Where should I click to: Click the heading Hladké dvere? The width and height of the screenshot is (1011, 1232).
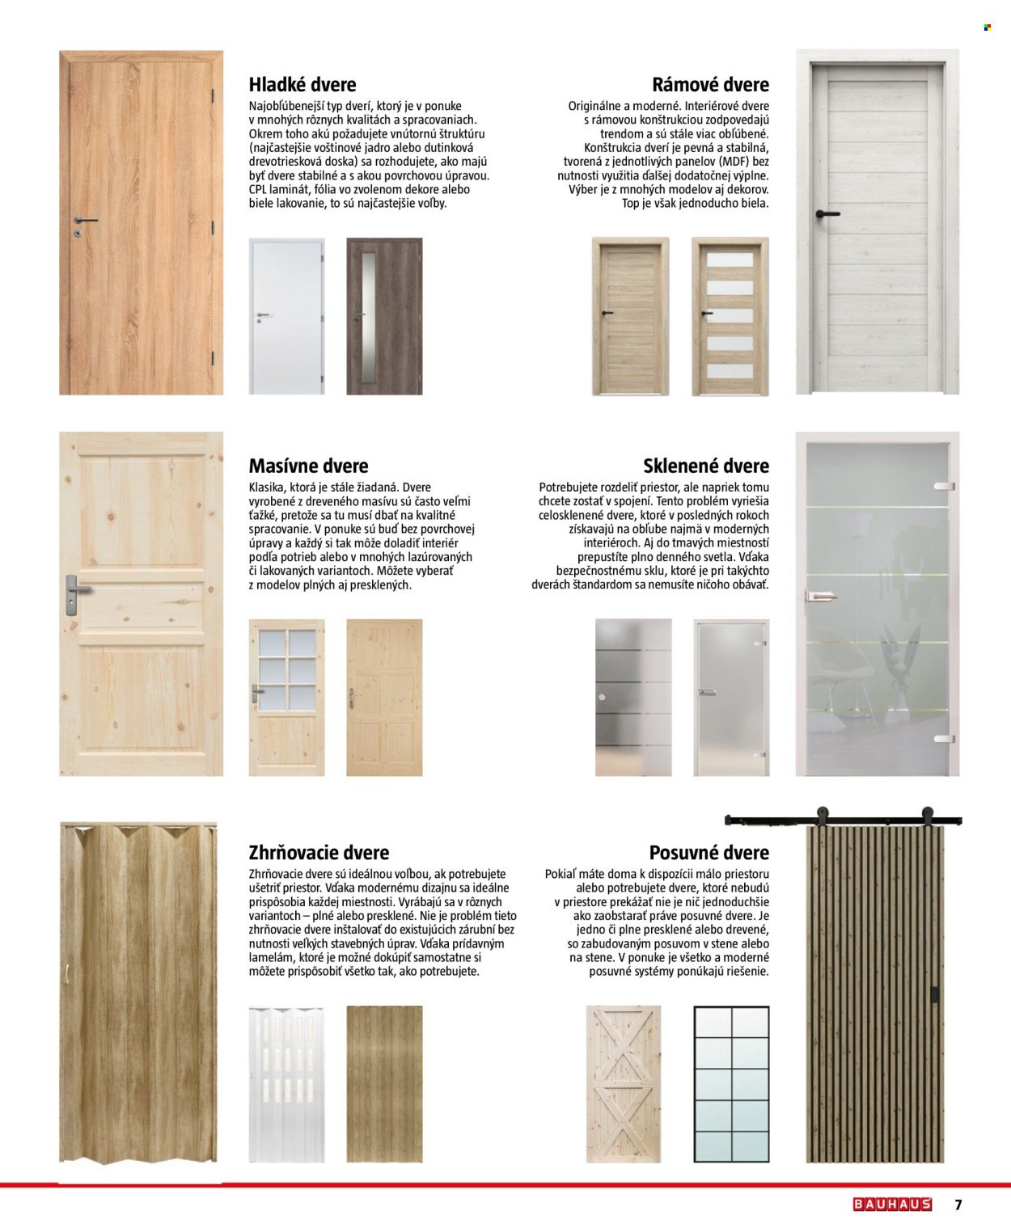pyautogui.click(x=302, y=85)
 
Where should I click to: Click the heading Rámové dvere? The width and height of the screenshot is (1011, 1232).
pyautogui.click(x=710, y=85)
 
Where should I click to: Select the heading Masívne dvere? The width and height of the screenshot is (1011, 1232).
pyautogui.click(x=308, y=466)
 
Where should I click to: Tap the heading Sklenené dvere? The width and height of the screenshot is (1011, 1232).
pyautogui.click(x=705, y=466)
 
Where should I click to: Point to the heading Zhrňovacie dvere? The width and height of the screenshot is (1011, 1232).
pyautogui.click(x=319, y=852)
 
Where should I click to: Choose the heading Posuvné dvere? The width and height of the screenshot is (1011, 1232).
pyautogui.click(x=709, y=852)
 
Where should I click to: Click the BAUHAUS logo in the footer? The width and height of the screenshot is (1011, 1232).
pyautogui.click(x=892, y=1205)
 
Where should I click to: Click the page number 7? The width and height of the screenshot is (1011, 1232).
pyautogui.click(x=958, y=1205)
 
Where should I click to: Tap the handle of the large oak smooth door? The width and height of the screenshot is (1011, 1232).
pyautogui.click(x=84, y=220)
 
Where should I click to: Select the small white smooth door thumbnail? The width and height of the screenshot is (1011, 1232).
pyautogui.click(x=286, y=316)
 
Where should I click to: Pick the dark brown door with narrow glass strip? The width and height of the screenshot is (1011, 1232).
pyautogui.click(x=384, y=316)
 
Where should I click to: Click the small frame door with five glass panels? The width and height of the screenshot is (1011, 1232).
pyautogui.click(x=730, y=316)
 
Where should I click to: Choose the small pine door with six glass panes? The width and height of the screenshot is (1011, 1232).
pyautogui.click(x=286, y=698)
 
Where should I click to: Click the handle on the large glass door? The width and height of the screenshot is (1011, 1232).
pyautogui.click(x=818, y=596)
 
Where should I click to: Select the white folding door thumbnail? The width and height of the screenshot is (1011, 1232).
pyautogui.click(x=286, y=1084)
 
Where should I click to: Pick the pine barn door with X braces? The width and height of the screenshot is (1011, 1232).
pyautogui.click(x=624, y=1084)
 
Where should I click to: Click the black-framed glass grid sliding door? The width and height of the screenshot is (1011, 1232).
pyautogui.click(x=731, y=1084)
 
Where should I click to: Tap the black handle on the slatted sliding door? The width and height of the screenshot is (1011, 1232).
pyautogui.click(x=935, y=994)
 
